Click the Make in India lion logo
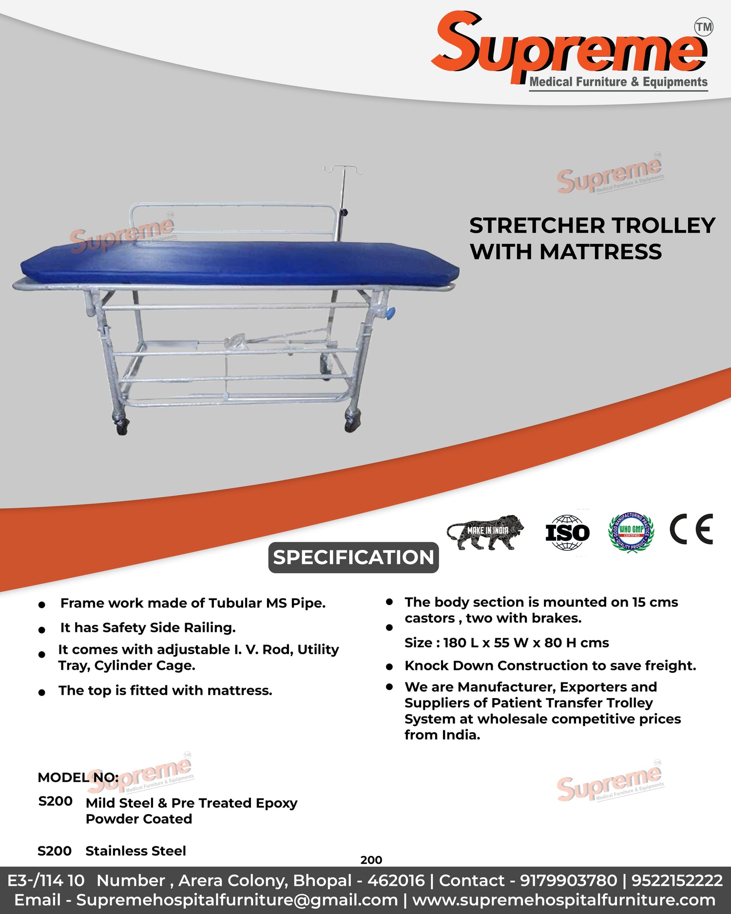(485, 532)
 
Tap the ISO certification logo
(567, 532)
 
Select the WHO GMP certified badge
(631, 532)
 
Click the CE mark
(692, 529)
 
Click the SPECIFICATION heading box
(353, 557)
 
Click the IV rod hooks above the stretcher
(344, 170)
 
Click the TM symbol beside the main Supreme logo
(704, 27)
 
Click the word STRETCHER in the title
(537, 225)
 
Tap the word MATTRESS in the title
(600, 252)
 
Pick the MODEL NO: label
(78, 777)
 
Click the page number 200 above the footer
(371, 860)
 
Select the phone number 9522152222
(677, 880)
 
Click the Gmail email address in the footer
(237, 900)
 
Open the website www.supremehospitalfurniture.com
(564, 900)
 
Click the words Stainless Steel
(136, 851)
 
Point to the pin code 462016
(396, 880)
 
